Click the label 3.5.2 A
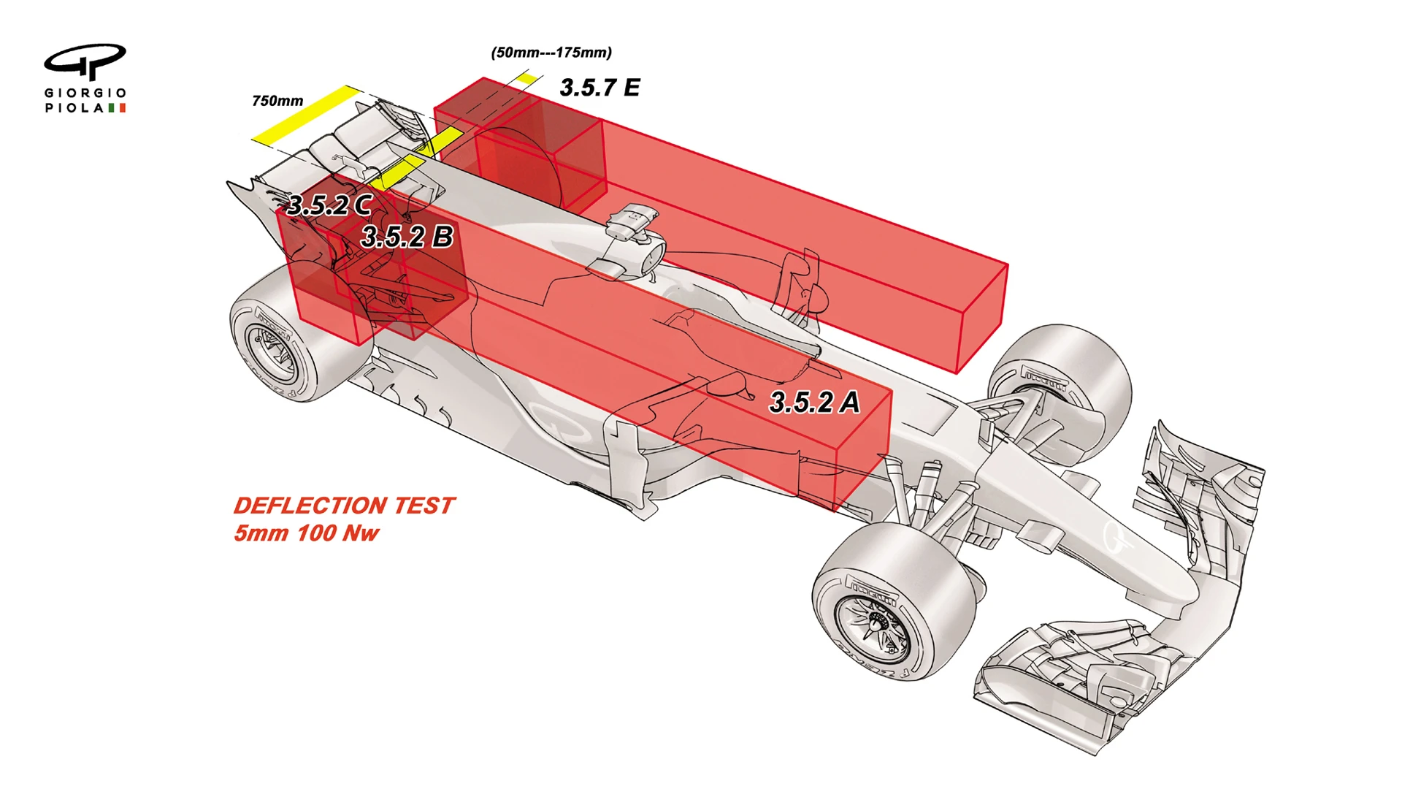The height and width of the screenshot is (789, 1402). point(814,403)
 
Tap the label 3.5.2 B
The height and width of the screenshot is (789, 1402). point(407,237)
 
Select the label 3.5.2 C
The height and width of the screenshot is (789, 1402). point(329,205)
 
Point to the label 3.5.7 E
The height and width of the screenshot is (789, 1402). point(600,88)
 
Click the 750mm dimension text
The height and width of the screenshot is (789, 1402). point(277,101)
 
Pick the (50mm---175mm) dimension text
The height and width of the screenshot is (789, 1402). point(551,53)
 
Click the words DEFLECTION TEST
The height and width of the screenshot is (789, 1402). point(344,506)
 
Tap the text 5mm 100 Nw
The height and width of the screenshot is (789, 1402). point(306,533)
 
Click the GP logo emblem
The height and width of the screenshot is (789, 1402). point(85,61)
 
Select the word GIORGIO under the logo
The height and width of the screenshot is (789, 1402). point(85,93)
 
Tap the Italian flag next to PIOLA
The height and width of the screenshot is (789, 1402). point(117,107)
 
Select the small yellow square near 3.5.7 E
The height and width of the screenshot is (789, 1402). point(526,79)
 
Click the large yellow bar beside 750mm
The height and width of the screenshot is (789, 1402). point(307,114)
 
